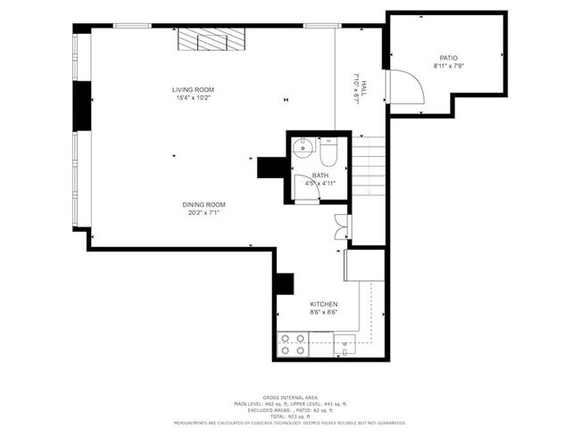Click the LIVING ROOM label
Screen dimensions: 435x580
point(193,89)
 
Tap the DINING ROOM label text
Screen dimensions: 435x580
point(203,204)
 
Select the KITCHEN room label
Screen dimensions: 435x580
point(323,304)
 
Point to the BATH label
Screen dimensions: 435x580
point(319,176)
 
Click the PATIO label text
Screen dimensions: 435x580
point(447,57)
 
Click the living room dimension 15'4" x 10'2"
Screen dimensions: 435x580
point(194,98)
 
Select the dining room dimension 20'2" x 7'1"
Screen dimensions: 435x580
point(203,213)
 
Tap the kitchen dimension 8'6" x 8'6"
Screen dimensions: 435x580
point(323,313)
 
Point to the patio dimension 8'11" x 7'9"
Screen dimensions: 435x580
point(447,66)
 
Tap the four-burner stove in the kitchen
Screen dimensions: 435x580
point(294,344)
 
